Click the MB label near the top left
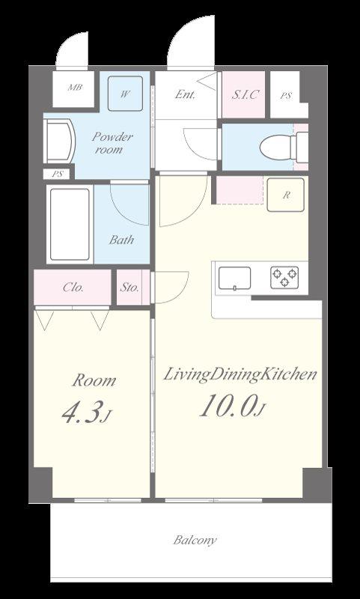pos(75,87)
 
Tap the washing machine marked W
pos(125,94)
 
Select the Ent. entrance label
pos(185,94)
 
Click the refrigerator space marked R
pos(286,195)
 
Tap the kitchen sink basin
pos(235,278)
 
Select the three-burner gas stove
pos(284,277)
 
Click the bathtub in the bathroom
pos(70,224)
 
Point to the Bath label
pos(121,240)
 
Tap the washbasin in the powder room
pos(60,141)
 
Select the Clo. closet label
pos(73,288)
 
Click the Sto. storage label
pos(129,288)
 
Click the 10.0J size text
pos(232,406)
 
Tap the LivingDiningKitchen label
pos(240,375)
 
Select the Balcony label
pos(195,540)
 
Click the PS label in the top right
pos(286,96)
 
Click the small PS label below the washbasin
pos(58,174)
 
